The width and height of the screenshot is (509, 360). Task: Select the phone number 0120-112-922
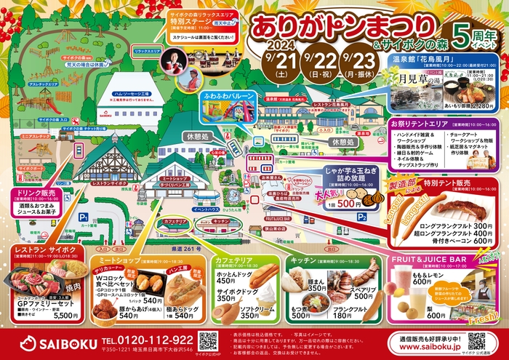pos(148,339)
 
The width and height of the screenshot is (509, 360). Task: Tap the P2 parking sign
pos(361,215)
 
